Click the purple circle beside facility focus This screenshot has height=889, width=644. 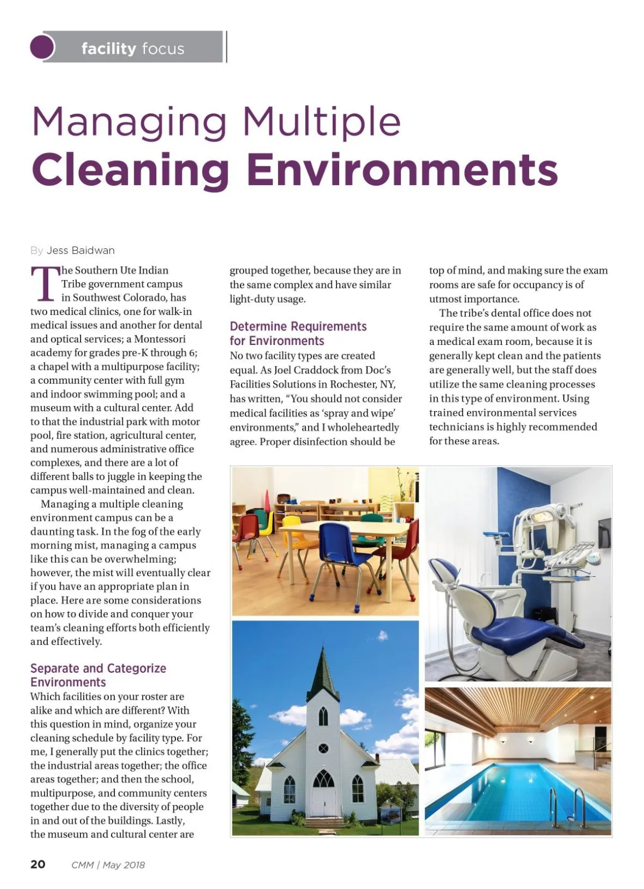coord(43,47)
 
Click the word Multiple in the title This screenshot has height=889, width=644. coord(321,122)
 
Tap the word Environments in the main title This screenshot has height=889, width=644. coord(402,170)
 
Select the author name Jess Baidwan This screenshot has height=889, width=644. coord(80,251)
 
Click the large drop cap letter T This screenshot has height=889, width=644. coord(44,284)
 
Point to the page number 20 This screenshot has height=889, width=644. coord(38,864)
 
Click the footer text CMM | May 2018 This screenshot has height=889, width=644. coord(108,865)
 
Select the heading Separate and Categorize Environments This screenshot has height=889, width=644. coord(98,675)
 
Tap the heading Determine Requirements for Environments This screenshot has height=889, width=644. coord(298,333)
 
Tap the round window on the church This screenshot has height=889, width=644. coord(323,748)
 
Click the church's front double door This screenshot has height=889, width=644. coord(323,802)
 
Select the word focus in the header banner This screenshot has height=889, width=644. coord(163,49)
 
